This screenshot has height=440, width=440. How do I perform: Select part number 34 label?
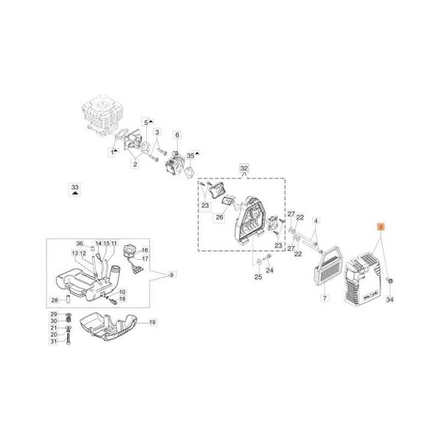pos(390,300)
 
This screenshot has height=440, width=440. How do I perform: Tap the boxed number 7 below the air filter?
pos(324,299)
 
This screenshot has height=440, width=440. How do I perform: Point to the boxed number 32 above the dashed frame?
pos(244,167)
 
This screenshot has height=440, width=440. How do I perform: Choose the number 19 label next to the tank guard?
pos(152,322)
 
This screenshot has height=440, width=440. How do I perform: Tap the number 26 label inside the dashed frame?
pos(219,217)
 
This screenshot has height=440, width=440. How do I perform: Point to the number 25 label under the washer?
pos(257,277)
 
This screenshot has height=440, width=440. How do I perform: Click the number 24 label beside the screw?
pos(269,270)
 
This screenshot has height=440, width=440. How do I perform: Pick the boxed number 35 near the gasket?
pos(190,156)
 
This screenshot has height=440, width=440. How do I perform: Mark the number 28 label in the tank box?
pos(54,300)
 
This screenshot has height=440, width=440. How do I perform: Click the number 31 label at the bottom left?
pos(54,342)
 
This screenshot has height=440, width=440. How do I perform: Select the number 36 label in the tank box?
pos(79,243)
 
